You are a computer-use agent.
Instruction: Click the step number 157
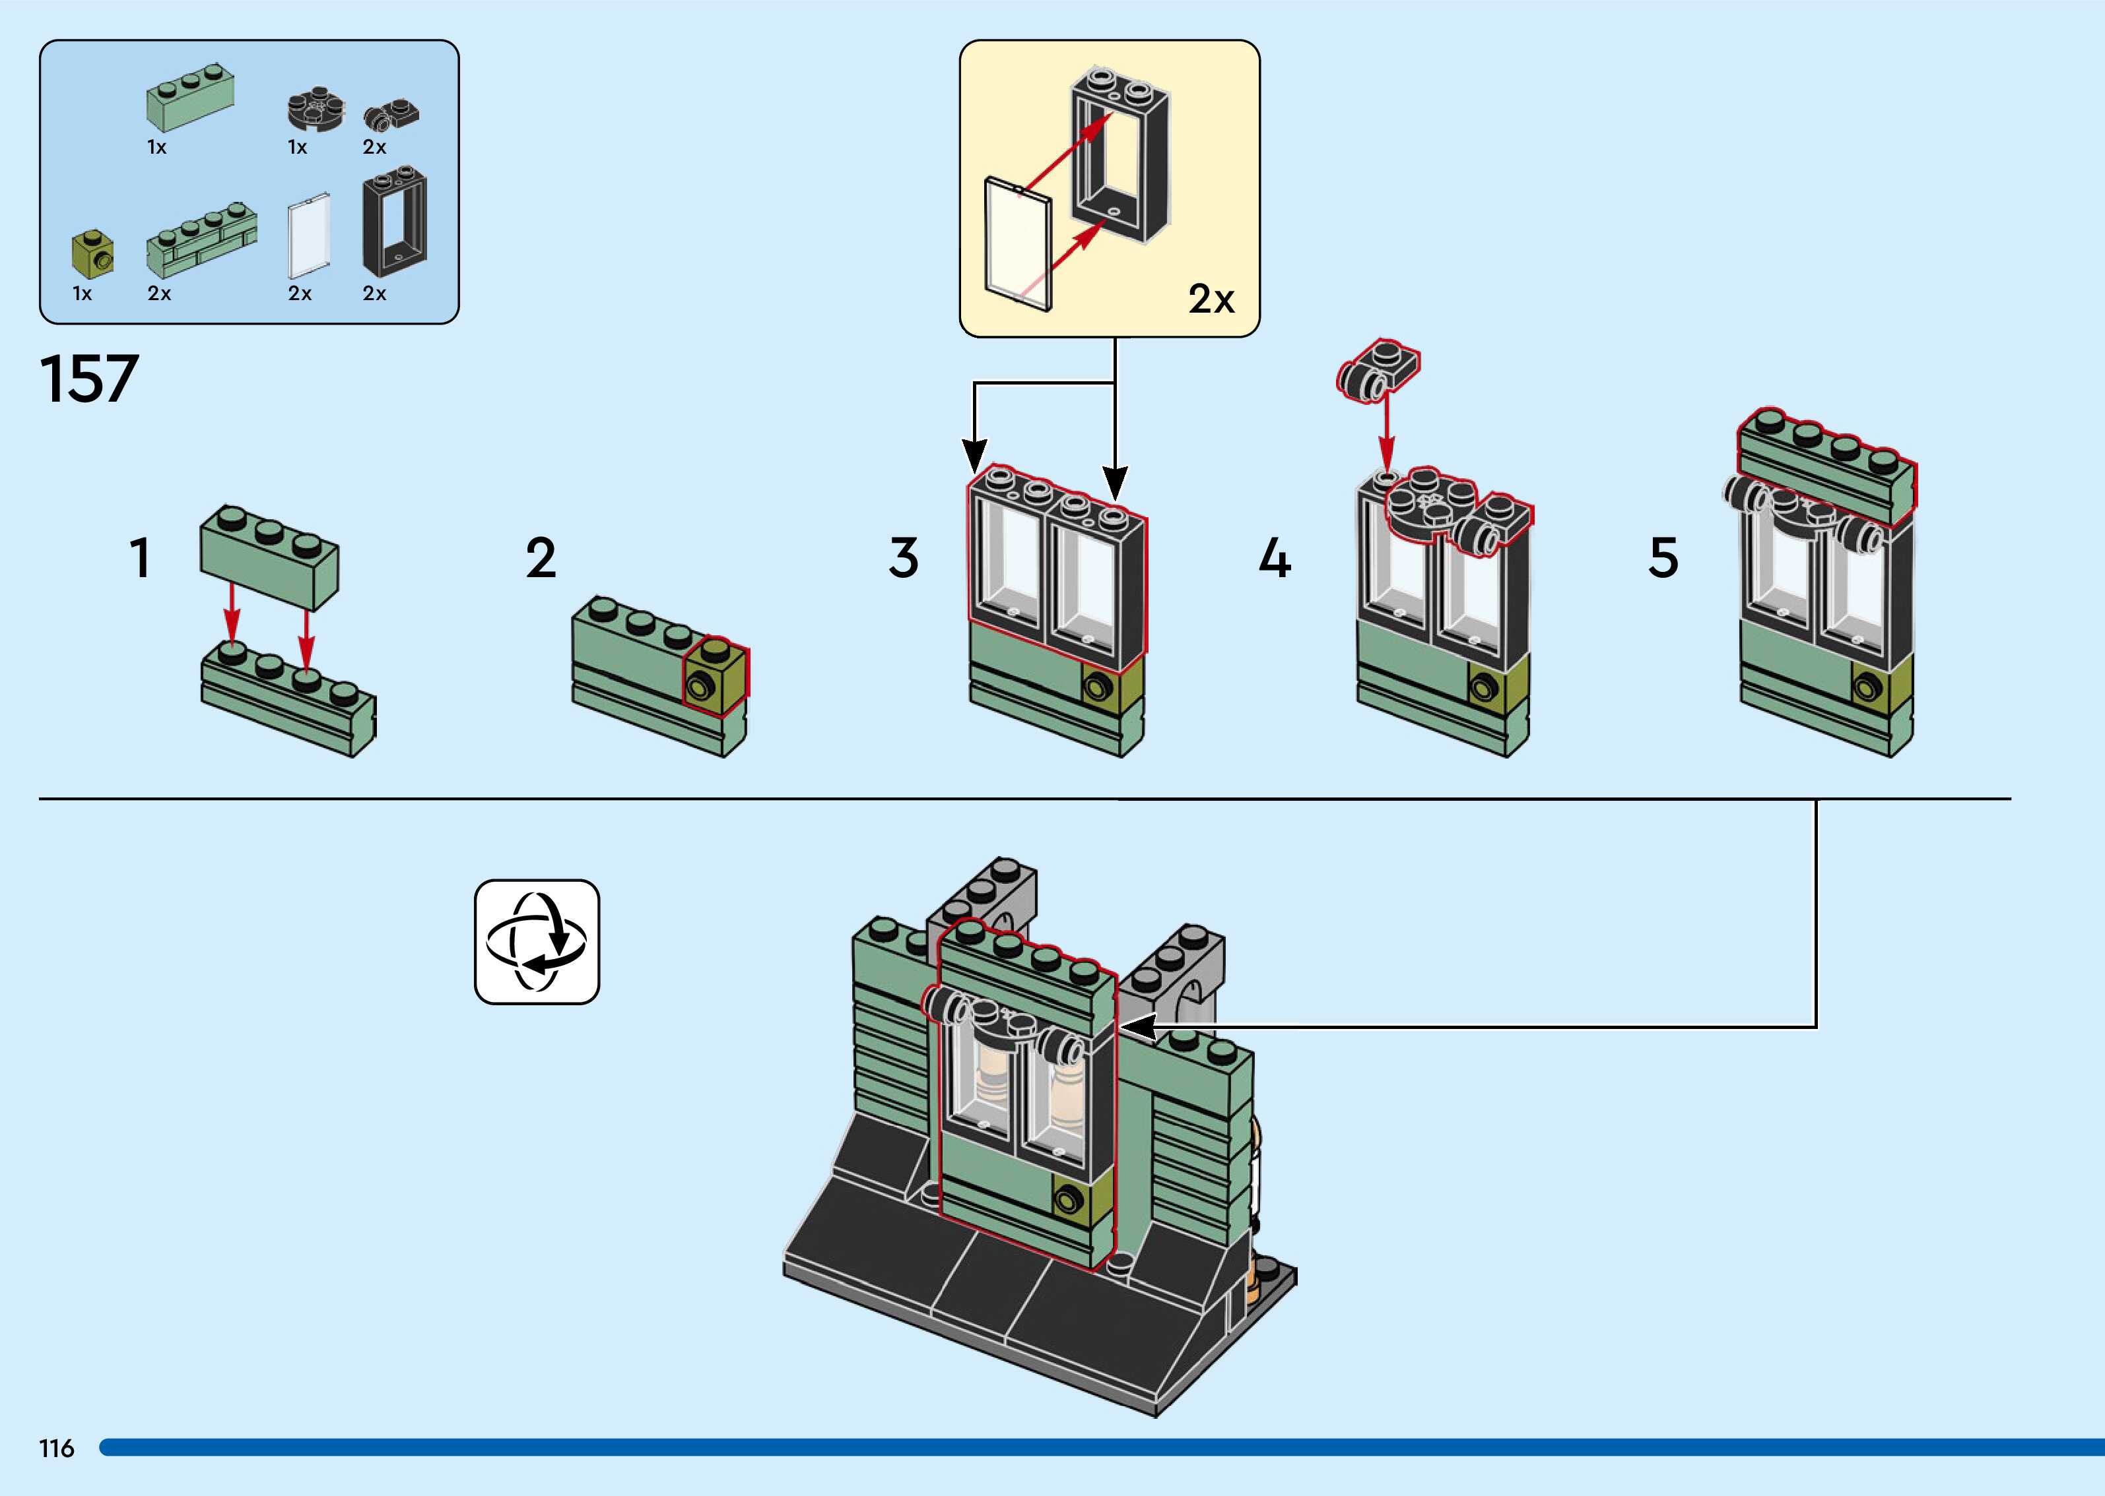pyautogui.click(x=89, y=379)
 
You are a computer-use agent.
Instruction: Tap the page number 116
pyautogui.click(x=56, y=1448)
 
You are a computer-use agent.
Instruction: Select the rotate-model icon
pyautogui.click(x=537, y=941)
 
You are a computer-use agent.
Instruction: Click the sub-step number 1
pyautogui.click(x=140, y=558)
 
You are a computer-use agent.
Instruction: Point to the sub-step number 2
pyautogui.click(x=541, y=558)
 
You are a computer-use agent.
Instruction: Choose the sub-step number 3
pyautogui.click(x=903, y=558)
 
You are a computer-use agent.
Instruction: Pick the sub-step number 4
pyautogui.click(x=1275, y=558)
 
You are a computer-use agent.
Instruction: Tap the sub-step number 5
pyautogui.click(x=1663, y=558)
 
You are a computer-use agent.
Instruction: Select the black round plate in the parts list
pyautogui.click(x=316, y=109)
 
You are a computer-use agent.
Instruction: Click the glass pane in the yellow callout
pyautogui.click(x=1017, y=243)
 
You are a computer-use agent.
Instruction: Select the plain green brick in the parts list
pyautogui.click(x=190, y=97)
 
